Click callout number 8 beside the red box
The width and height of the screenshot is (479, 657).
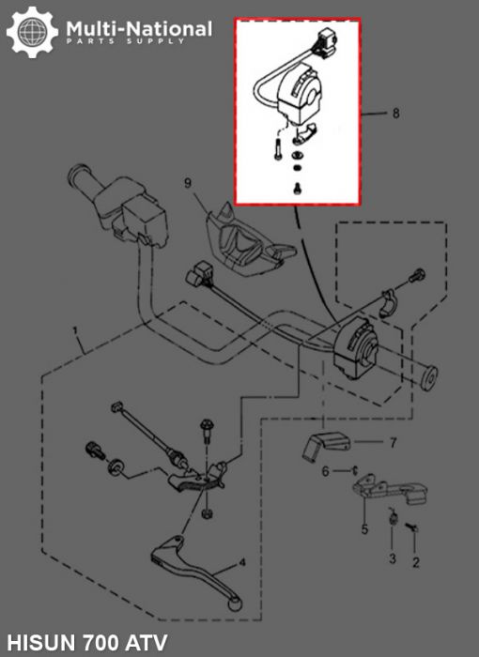tap(396, 114)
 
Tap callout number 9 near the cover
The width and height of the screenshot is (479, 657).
tap(187, 181)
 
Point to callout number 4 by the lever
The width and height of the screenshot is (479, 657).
tap(242, 562)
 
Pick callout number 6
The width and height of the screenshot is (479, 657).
tap(325, 471)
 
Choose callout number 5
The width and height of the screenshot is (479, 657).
tap(364, 529)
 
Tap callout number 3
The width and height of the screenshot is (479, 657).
tap(393, 558)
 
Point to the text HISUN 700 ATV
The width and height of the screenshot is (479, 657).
tap(81, 638)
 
